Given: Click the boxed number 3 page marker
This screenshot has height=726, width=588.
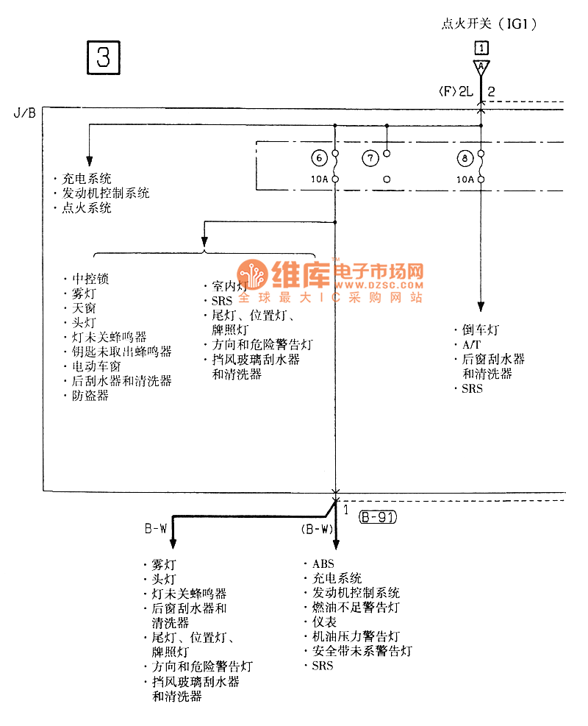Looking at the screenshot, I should click(104, 57).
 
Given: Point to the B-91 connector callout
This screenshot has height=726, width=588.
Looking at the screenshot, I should click(378, 517).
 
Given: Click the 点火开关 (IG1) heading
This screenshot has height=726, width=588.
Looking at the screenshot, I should click(489, 24).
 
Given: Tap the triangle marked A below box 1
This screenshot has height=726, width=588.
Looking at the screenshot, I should click(481, 67).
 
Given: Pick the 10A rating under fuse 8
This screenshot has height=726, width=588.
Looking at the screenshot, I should click(464, 179).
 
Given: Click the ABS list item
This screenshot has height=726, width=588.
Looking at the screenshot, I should click(323, 564).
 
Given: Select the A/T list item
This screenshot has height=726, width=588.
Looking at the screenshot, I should click(470, 344).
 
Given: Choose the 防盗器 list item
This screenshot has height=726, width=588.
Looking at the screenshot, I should click(90, 395).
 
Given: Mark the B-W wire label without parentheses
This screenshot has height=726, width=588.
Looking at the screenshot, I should click(155, 528).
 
